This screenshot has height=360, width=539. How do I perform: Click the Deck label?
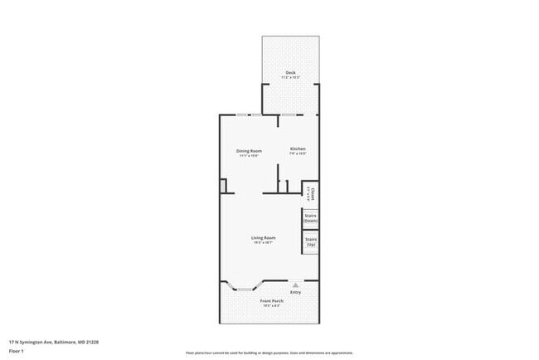[291, 73]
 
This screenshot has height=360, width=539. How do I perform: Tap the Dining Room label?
[250, 150]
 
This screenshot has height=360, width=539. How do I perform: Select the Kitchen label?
[298, 149]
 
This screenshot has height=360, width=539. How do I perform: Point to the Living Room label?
[264, 238]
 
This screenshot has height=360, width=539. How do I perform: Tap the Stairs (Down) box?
[310, 219]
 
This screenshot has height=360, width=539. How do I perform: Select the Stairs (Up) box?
[310, 241]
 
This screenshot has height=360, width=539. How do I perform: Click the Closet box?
[310, 193]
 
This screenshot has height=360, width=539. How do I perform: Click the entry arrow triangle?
[294, 285]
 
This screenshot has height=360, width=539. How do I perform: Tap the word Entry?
[295, 292]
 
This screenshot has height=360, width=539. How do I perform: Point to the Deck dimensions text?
[291, 78]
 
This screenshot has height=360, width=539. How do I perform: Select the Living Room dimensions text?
[264, 243]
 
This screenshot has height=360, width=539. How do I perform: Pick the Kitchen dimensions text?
[298, 154]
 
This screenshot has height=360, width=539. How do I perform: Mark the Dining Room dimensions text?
[250, 155]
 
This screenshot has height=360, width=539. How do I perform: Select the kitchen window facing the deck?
[290, 114]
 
